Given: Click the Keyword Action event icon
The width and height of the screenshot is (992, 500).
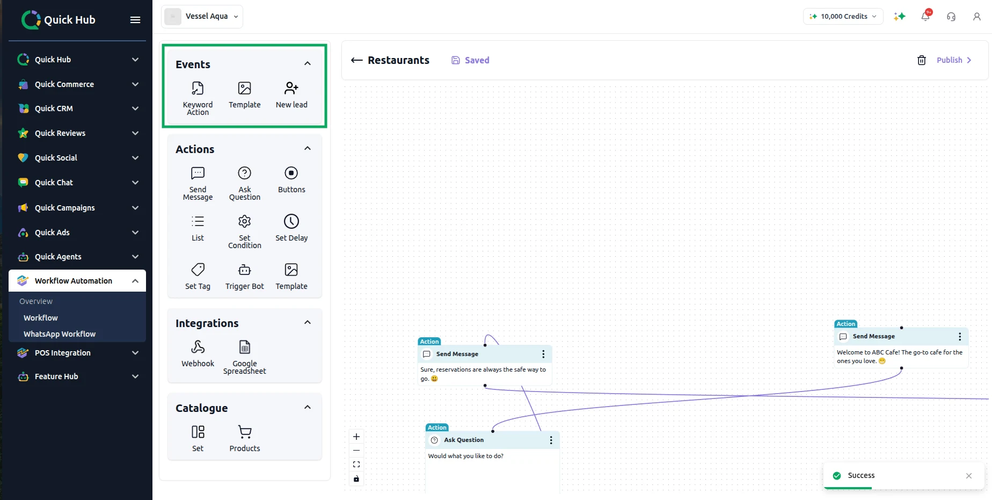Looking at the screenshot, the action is pyautogui.click(x=198, y=88).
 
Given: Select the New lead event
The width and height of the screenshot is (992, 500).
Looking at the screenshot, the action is pyautogui.click(x=291, y=96).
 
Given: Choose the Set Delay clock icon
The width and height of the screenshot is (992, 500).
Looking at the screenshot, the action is pyautogui.click(x=291, y=221).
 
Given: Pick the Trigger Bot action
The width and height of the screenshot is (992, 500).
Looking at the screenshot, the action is pyautogui.click(x=245, y=277).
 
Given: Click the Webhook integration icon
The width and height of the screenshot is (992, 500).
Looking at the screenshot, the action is pyautogui.click(x=198, y=347).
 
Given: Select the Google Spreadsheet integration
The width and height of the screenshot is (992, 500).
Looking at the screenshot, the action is pyautogui.click(x=245, y=357).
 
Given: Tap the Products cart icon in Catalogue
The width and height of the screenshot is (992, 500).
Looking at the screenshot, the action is pyautogui.click(x=245, y=432).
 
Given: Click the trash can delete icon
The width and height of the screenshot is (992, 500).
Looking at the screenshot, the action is pyautogui.click(x=922, y=60).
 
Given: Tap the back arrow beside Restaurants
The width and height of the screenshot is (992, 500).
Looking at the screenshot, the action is pyautogui.click(x=357, y=60).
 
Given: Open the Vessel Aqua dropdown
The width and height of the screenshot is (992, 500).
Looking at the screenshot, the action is pyautogui.click(x=202, y=16).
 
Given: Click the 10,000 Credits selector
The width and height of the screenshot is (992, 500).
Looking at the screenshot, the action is pyautogui.click(x=843, y=16).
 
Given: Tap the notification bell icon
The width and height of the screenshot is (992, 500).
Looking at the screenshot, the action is pyautogui.click(x=925, y=16).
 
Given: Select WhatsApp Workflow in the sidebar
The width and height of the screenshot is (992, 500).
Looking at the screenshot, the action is pyautogui.click(x=60, y=334).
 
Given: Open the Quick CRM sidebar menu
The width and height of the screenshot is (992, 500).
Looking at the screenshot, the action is pyautogui.click(x=78, y=108).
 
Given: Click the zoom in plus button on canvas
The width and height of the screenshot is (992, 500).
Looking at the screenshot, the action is pyautogui.click(x=356, y=437).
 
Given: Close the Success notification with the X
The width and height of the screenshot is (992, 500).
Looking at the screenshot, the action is pyautogui.click(x=969, y=476).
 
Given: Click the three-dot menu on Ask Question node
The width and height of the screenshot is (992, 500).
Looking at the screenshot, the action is pyautogui.click(x=551, y=440).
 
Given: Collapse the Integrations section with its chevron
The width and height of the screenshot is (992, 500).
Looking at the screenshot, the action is pyautogui.click(x=308, y=322).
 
